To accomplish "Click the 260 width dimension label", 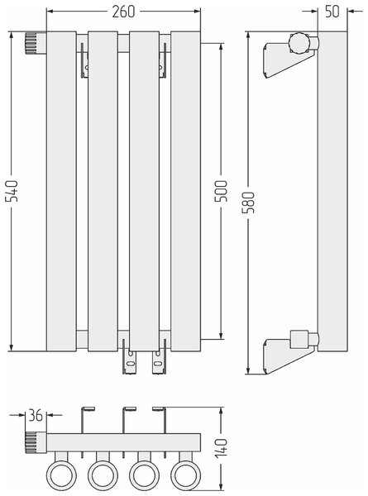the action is click(123, 12).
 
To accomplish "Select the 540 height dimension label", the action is click(12, 191).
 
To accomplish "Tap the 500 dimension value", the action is click(221, 191).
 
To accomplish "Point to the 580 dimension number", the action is click(249, 203).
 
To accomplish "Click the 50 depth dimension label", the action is click(332, 12).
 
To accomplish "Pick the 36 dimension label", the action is click(36, 415).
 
